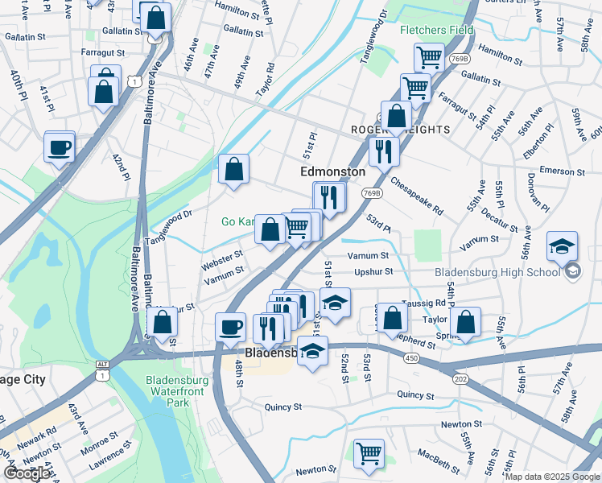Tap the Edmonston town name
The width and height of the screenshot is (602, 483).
(332, 171)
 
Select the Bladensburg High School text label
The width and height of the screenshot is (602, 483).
(497, 271)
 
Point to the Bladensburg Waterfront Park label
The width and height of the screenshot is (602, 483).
(179, 390)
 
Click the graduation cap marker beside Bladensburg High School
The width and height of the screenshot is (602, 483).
(562, 246)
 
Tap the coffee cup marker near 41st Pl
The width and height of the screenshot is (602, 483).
(60, 147)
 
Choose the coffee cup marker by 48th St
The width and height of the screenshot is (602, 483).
(231, 327)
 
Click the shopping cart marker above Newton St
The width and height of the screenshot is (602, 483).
(369, 452)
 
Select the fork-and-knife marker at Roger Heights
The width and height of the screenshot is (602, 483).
(384, 151)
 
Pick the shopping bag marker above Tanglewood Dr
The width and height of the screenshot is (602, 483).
(234, 170)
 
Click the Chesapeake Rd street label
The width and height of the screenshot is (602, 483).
(417, 196)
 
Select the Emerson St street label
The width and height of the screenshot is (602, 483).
(562, 171)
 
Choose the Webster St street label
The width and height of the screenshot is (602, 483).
(222, 259)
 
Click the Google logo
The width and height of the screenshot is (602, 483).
(27, 473)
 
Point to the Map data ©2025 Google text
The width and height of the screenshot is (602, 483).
(551, 477)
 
